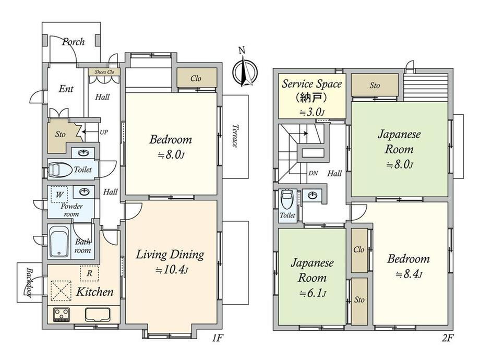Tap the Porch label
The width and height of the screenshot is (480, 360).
point(74,41)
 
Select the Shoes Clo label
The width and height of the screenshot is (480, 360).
point(104,72)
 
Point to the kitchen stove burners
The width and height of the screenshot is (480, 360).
point(61,314)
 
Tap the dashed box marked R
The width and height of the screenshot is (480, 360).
point(89,273)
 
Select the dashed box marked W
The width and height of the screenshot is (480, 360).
point(59,195)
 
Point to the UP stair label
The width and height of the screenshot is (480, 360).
point(104,132)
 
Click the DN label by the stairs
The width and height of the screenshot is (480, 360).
point(313,173)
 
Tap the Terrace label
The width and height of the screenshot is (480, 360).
point(235,136)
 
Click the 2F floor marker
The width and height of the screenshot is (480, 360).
point(447,338)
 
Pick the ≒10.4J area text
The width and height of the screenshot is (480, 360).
point(172,270)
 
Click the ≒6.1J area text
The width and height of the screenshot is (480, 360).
point(312,294)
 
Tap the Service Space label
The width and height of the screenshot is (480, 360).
point(311,83)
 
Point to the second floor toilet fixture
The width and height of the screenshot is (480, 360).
point(287,199)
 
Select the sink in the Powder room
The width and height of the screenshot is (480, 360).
point(84,192)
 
